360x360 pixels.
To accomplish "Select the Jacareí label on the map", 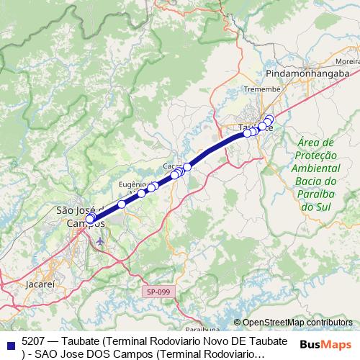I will pos(40,284).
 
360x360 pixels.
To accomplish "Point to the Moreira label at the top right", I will pos(348,62).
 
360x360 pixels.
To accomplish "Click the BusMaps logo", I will pos(325,344).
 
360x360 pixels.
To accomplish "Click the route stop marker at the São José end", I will pos(89,218).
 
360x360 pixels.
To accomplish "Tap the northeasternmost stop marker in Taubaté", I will pos(269,119).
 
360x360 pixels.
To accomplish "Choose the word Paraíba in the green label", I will pos(316,194).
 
